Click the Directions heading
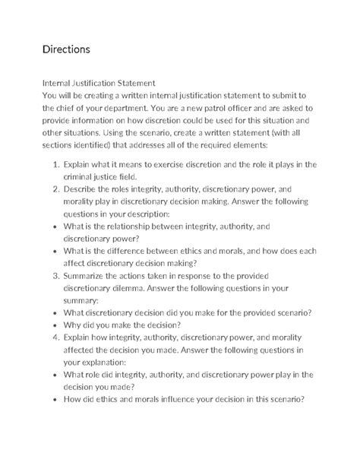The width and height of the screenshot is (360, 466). coord(66,49)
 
